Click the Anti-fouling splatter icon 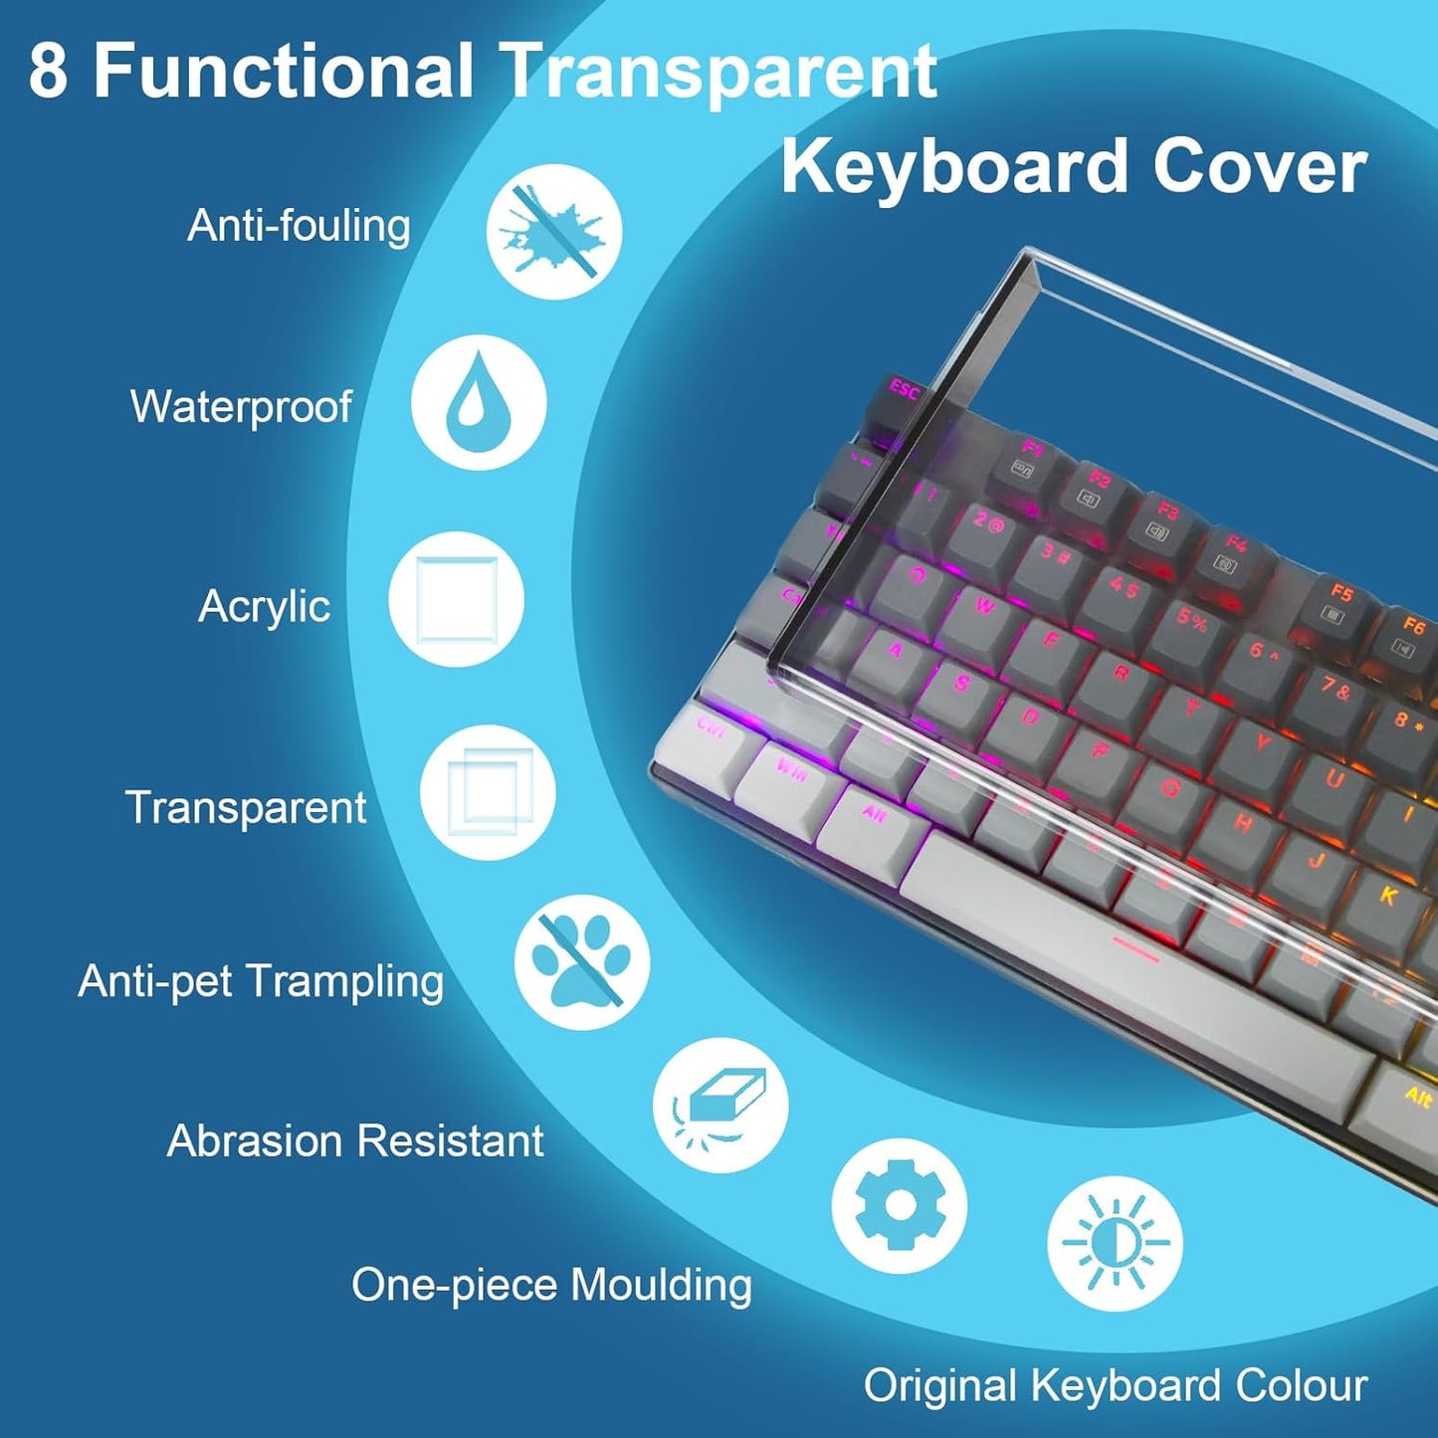(553, 231)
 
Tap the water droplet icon (479, 402)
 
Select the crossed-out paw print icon (581, 961)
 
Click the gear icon (899, 1205)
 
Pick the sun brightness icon (1115, 1243)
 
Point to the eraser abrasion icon (720, 1105)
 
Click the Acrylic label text (264, 606)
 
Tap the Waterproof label (241, 406)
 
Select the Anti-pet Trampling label (261, 981)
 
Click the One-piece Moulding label (551, 1284)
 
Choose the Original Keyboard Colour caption (1115, 1385)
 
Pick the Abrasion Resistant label (355, 1140)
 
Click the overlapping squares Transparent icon (487, 793)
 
